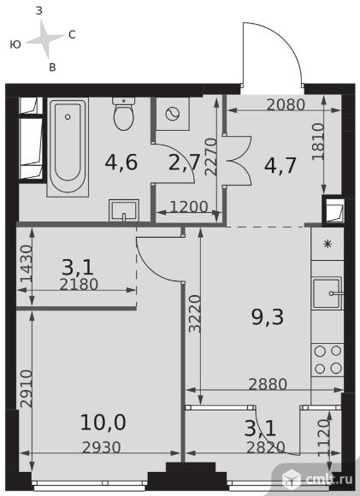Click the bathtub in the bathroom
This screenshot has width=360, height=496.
[x=68, y=147]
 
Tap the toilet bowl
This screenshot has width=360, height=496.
[x=124, y=114]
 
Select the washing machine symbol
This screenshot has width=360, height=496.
[x=173, y=114]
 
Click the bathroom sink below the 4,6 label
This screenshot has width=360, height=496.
[x=124, y=210]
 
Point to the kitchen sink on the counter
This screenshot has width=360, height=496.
[x=328, y=293]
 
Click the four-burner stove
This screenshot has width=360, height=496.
[x=328, y=360]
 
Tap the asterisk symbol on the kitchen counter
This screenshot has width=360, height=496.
[x=328, y=244]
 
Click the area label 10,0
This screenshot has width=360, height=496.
[x=103, y=422]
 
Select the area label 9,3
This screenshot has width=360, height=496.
[x=268, y=317]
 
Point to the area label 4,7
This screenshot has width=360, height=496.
[x=280, y=165]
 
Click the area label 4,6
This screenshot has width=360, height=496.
[x=121, y=162]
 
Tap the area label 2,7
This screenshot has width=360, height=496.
[x=184, y=162]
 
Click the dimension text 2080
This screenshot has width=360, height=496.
[x=286, y=104]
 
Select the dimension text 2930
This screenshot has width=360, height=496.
[x=102, y=447]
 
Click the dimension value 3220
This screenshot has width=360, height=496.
[x=195, y=314]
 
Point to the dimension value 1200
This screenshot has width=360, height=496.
[x=189, y=207]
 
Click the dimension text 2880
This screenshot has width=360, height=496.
[x=268, y=384]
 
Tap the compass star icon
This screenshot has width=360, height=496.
[x=45, y=39]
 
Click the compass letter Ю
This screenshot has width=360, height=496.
[x=15, y=44]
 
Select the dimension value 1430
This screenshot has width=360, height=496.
[x=27, y=263]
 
